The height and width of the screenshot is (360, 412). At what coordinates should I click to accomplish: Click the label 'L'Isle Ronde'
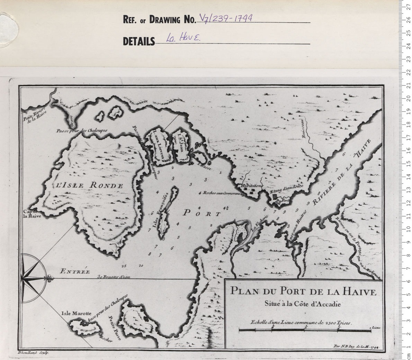(x=89, y=185)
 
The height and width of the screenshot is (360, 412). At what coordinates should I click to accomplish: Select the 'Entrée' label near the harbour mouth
(x=74, y=271)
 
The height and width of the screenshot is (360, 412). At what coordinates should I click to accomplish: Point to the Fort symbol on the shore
(x=277, y=200)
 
